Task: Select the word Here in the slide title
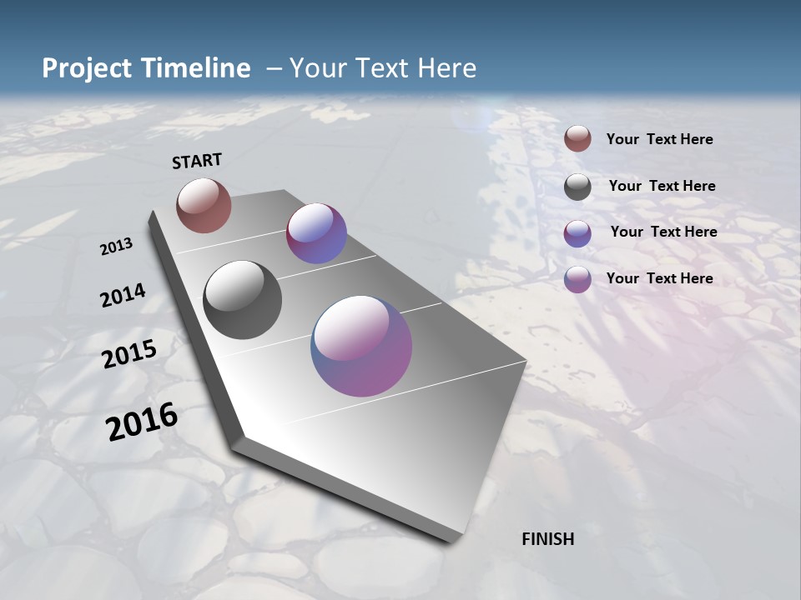(x=446, y=68)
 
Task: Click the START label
(x=197, y=161)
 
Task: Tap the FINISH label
(x=547, y=539)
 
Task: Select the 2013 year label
(x=116, y=247)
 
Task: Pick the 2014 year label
(x=123, y=296)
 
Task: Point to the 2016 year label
(x=142, y=422)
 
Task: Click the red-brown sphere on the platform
(x=204, y=205)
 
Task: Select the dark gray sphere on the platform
(x=242, y=300)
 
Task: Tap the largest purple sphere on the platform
(x=361, y=346)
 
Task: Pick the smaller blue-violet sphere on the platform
(x=316, y=233)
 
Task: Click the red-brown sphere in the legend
(x=577, y=139)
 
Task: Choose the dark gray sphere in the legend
(x=577, y=187)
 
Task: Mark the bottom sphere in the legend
(x=577, y=279)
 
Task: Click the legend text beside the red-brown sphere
(x=659, y=139)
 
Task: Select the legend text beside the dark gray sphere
(x=662, y=186)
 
